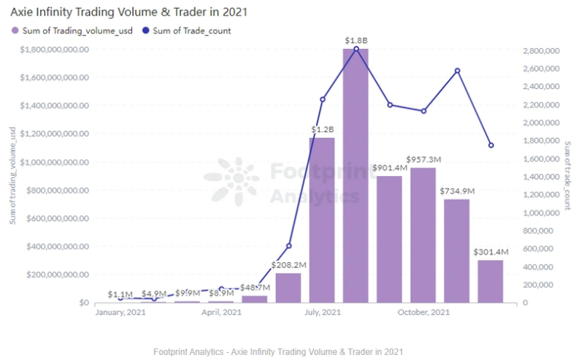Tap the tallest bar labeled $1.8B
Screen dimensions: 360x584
coord(356,175)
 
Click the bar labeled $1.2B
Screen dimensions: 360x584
coord(322,219)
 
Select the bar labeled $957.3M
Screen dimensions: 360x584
coord(423,234)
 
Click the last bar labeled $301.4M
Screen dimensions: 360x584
coord(491,281)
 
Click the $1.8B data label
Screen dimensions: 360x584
coord(356,39)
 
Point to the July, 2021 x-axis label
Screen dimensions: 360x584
coord(322,313)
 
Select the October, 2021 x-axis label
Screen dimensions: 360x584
coord(423,313)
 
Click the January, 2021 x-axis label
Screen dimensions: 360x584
coord(120,313)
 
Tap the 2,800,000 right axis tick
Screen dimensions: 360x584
coord(542,50)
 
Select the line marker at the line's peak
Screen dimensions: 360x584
coord(356,49)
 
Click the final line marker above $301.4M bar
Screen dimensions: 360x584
coord(491,145)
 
